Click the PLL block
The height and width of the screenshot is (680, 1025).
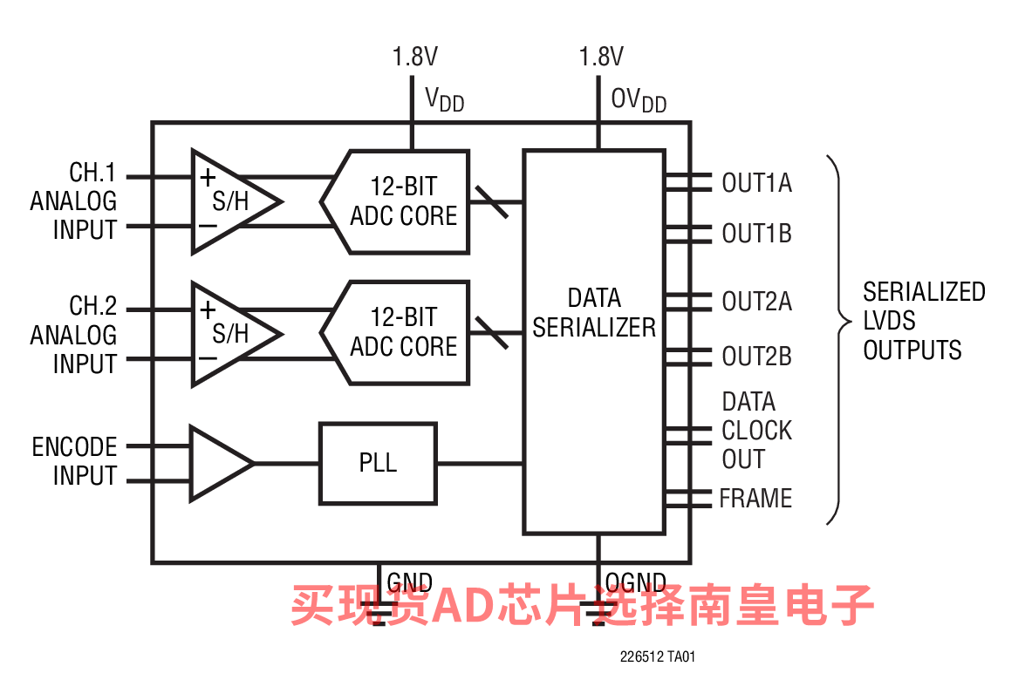tap(378, 463)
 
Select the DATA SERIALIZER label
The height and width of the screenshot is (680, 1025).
tap(594, 313)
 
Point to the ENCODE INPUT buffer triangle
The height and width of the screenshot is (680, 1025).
tap(218, 463)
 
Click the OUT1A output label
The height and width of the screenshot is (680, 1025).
tap(756, 183)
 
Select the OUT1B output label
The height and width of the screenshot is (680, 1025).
tap(756, 234)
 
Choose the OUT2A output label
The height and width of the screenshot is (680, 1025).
tap(756, 302)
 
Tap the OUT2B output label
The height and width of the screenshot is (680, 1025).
tap(756, 357)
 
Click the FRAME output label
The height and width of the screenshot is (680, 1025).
tap(755, 499)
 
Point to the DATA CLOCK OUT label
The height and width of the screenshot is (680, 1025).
tap(756, 431)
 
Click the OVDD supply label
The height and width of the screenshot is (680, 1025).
tap(639, 100)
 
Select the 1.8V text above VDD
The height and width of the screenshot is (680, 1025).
tap(414, 58)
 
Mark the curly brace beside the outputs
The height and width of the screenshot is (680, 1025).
tap(838, 340)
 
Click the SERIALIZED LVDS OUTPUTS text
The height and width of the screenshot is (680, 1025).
tap(924, 321)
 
